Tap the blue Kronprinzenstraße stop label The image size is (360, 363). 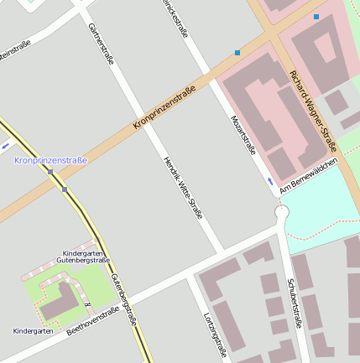[50, 159]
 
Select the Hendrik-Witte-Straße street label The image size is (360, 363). [182, 187]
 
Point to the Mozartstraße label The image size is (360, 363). [243, 134]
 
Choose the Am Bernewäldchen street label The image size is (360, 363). [308, 176]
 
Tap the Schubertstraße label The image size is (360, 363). [295, 303]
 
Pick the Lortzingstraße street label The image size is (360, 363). [216, 334]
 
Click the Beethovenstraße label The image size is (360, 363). [92, 320]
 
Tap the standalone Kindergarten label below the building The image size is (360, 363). [33, 331]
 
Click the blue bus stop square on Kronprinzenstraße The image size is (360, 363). [237, 53]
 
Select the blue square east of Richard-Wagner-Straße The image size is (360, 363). [316, 17]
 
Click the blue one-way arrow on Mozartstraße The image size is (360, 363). [269, 180]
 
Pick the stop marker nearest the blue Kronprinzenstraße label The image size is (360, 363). [50, 173]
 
